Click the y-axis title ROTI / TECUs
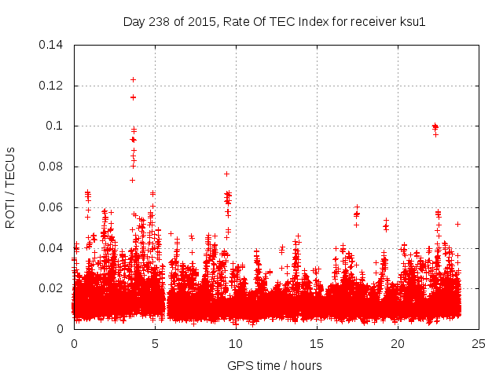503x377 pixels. [11, 187]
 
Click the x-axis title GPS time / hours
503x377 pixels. [274, 365]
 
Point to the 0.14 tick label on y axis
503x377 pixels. [52, 45]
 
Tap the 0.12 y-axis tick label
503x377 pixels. [52, 86]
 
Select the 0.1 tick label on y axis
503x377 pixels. [57, 126]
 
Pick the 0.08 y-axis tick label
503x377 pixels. [52, 167]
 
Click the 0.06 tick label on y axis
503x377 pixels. [52, 207]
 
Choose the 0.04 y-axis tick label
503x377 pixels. [52, 248]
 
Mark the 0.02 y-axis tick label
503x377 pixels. [52, 288]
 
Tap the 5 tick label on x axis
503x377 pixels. [155, 343]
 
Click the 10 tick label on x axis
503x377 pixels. [236, 343]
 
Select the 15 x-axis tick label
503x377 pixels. [317, 343]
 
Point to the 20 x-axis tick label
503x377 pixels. [398, 343]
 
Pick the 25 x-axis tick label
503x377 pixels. [479, 343]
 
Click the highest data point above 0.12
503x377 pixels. [133, 79]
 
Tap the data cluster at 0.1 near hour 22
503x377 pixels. [435, 126]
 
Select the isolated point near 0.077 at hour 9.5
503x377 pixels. [226, 174]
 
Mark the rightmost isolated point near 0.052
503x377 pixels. [457, 224]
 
